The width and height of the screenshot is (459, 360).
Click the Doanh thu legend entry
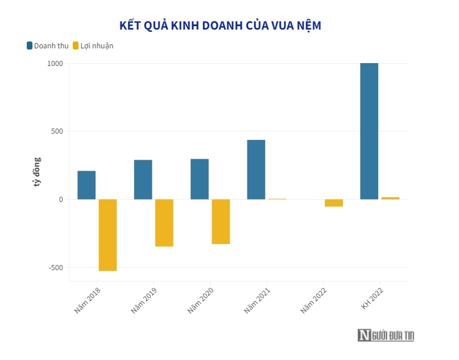point(47,45)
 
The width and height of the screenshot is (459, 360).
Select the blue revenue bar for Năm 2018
point(86,185)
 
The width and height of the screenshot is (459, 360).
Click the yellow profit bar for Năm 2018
point(107,235)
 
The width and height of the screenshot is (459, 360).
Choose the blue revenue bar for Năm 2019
point(143,180)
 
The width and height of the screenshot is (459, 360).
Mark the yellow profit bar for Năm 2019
point(164,222)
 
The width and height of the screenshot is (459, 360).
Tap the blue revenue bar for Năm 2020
point(200,179)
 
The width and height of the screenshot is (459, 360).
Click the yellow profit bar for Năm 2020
point(221,221)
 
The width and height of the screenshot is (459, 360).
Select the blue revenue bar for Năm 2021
point(256,169)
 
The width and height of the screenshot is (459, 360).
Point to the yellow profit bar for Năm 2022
point(334,203)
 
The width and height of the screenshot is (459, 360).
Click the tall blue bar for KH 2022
point(369,131)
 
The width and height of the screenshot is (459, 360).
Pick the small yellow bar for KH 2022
point(390,198)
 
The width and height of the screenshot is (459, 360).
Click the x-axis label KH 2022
point(372,298)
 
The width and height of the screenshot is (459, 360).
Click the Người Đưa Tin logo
point(386,336)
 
